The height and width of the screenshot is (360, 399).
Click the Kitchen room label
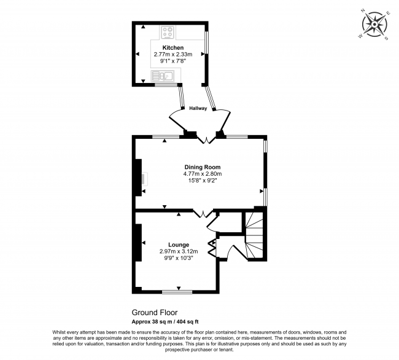click(x=173, y=47)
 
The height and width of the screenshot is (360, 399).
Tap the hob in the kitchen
click(x=168, y=33)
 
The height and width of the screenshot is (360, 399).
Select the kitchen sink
click(x=163, y=76)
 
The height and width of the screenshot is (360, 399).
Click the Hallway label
click(x=198, y=108)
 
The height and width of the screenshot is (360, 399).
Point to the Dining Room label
click(x=203, y=167)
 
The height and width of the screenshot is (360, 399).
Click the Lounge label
click(x=179, y=245)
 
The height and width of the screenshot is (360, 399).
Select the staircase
click(x=254, y=235)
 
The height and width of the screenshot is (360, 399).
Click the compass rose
click(x=374, y=25)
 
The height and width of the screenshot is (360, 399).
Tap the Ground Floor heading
click(x=155, y=313)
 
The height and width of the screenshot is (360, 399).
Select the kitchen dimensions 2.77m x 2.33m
click(x=173, y=54)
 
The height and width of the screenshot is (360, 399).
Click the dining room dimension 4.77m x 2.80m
click(x=203, y=174)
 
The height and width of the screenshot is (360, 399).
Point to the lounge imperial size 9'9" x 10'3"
click(x=179, y=258)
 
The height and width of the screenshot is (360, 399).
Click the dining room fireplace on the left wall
click(x=139, y=178)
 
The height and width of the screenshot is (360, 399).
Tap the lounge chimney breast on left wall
click(x=139, y=243)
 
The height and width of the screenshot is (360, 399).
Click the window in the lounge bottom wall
click(x=177, y=292)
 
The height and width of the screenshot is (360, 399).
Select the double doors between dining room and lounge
click(x=203, y=213)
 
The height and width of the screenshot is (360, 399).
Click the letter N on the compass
click(x=363, y=10)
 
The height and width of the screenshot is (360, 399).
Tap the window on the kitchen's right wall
click(x=207, y=42)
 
